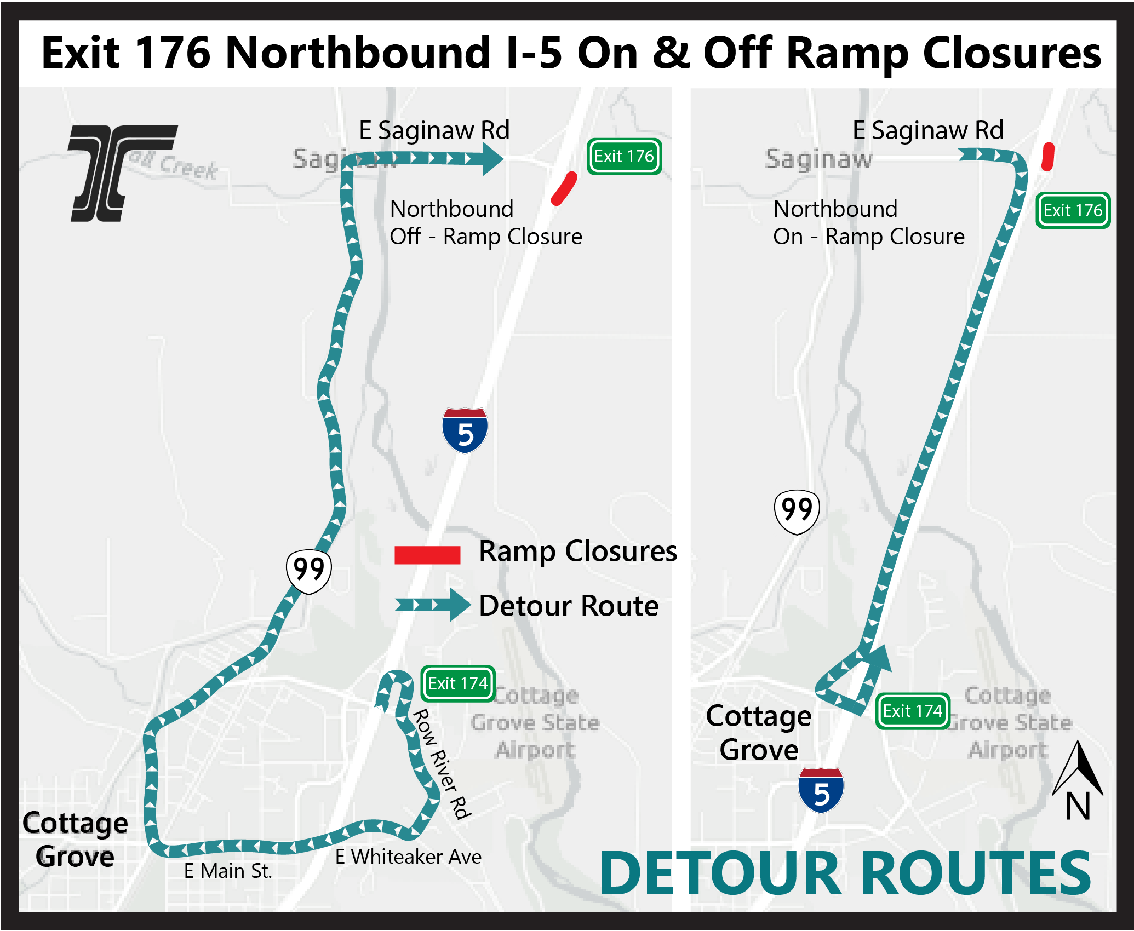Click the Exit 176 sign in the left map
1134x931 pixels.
point(624,157)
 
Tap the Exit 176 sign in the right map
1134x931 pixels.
point(1072,210)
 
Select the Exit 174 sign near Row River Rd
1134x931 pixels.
point(457,683)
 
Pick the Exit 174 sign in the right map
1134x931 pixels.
point(912,711)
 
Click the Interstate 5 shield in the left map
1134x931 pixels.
point(465,430)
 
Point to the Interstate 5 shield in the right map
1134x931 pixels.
point(821,790)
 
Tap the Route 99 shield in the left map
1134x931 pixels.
point(308,571)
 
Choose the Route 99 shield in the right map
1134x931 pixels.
point(797,512)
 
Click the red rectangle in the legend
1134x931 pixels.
point(427,555)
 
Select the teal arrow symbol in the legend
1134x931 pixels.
point(432,605)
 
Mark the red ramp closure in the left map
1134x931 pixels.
point(564,188)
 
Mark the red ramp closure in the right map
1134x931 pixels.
point(1047,157)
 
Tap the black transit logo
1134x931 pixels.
point(122,173)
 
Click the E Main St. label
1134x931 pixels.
point(227,871)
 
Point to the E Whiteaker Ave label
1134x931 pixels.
point(408,857)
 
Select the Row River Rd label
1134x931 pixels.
point(442,765)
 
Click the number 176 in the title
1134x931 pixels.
point(173,53)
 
